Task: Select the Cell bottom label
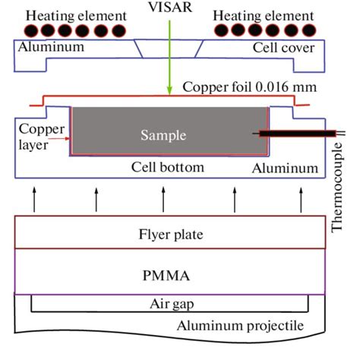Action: [173, 167]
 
